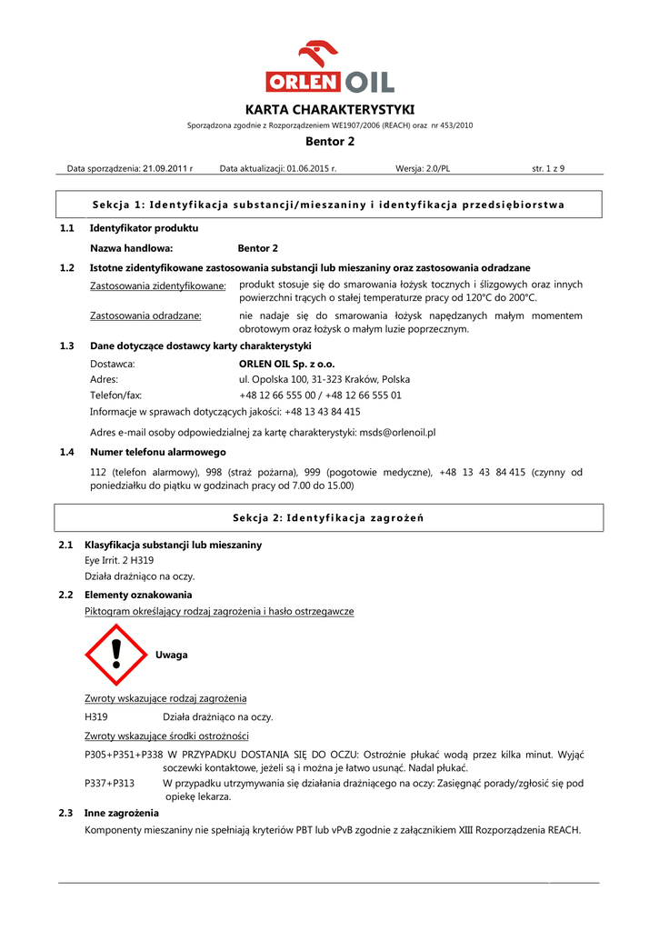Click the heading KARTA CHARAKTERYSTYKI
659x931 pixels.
329,109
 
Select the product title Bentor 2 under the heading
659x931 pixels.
329,142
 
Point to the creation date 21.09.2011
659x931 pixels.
165,168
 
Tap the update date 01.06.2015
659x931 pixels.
311,168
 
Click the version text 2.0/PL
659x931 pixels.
438,168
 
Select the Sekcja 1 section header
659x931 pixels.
329,205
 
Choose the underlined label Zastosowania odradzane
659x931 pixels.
145,315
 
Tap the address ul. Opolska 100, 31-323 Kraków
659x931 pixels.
324,379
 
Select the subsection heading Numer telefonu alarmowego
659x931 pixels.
158,452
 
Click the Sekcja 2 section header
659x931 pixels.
329,517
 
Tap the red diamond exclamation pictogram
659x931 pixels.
115,655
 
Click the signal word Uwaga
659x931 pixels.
172,655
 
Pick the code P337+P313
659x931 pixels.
109,783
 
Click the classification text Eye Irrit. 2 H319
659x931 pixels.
119,560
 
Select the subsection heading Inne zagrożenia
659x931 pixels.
121,813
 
